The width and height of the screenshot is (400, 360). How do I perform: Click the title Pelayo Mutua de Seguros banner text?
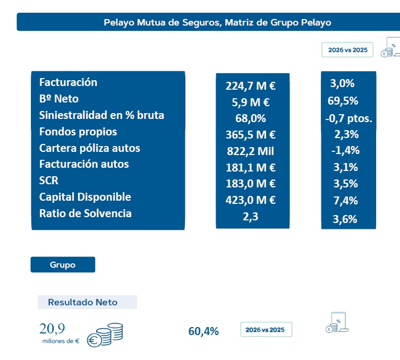pyautogui.click(x=217, y=22)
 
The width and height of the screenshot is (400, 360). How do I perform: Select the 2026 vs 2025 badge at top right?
pyautogui.click(x=347, y=50)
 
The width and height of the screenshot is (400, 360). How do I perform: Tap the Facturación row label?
pyautogui.click(x=68, y=82)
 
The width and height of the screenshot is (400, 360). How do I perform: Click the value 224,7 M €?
pyautogui.click(x=251, y=86)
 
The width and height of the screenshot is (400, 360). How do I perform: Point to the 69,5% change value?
pyautogui.click(x=343, y=101)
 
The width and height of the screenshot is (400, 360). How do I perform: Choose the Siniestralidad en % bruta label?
pyautogui.click(x=101, y=115)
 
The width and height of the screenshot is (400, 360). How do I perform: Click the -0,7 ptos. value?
pyautogui.click(x=348, y=118)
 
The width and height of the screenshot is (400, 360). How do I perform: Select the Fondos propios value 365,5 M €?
pyautogui.click(x=251, y=135)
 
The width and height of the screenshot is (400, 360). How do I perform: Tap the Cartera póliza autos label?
pyautogui.click(x=90, y=148)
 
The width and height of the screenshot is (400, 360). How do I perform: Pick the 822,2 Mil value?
pyautogui.click(x=251, y=151)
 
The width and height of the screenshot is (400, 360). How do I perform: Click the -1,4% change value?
pyautogui.click(x=345, y=150)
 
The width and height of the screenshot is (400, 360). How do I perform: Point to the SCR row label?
pyautogui.click(x=48, y=181)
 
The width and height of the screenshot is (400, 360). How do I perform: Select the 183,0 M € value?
pyautogui.click(x=251, y=184)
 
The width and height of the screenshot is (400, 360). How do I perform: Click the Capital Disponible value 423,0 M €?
pyautogui.click(x=251, y=200)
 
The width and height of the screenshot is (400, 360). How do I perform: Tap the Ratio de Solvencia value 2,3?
pyautogui.click(x=251, y=217)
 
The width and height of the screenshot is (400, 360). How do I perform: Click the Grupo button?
pyautogui.click(x=63, y=264)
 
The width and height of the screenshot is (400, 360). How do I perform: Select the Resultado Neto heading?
pyautogui.click(x=83, y=302)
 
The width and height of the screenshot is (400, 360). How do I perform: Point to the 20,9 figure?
pyautogui.click(x=52, y=328)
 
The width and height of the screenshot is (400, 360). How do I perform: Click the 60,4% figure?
pyautogui.click(x=203, y=331)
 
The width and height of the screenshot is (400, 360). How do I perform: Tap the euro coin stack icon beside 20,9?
pyautogui.click(x=105, y=335)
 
